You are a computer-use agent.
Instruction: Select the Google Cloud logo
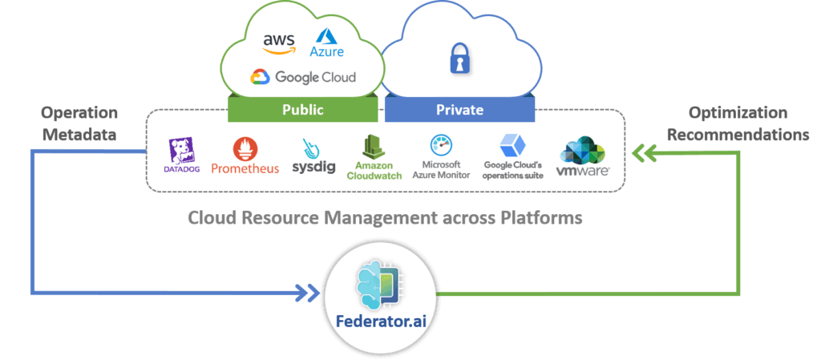pos(303,77)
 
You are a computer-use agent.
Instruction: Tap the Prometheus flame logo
pos(245,149)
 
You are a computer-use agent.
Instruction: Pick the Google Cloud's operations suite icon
pos(512,147)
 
